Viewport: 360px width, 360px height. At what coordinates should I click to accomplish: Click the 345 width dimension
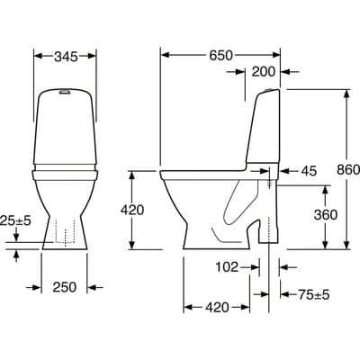[63, 56]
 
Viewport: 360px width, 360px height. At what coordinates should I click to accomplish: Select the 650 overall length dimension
[220, 55]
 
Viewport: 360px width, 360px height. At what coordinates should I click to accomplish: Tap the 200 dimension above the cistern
[265, 72]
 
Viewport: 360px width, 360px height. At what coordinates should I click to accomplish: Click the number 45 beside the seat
[309, 171]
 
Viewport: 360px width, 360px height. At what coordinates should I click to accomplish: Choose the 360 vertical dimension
[326, 215]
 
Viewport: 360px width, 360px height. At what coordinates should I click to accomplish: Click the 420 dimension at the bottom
[216, 308]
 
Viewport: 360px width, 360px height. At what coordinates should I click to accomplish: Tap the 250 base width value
[64, 287]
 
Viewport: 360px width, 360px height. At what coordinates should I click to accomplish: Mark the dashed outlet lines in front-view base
[63, 231]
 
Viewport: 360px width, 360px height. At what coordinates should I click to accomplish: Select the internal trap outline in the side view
[236, 211]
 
